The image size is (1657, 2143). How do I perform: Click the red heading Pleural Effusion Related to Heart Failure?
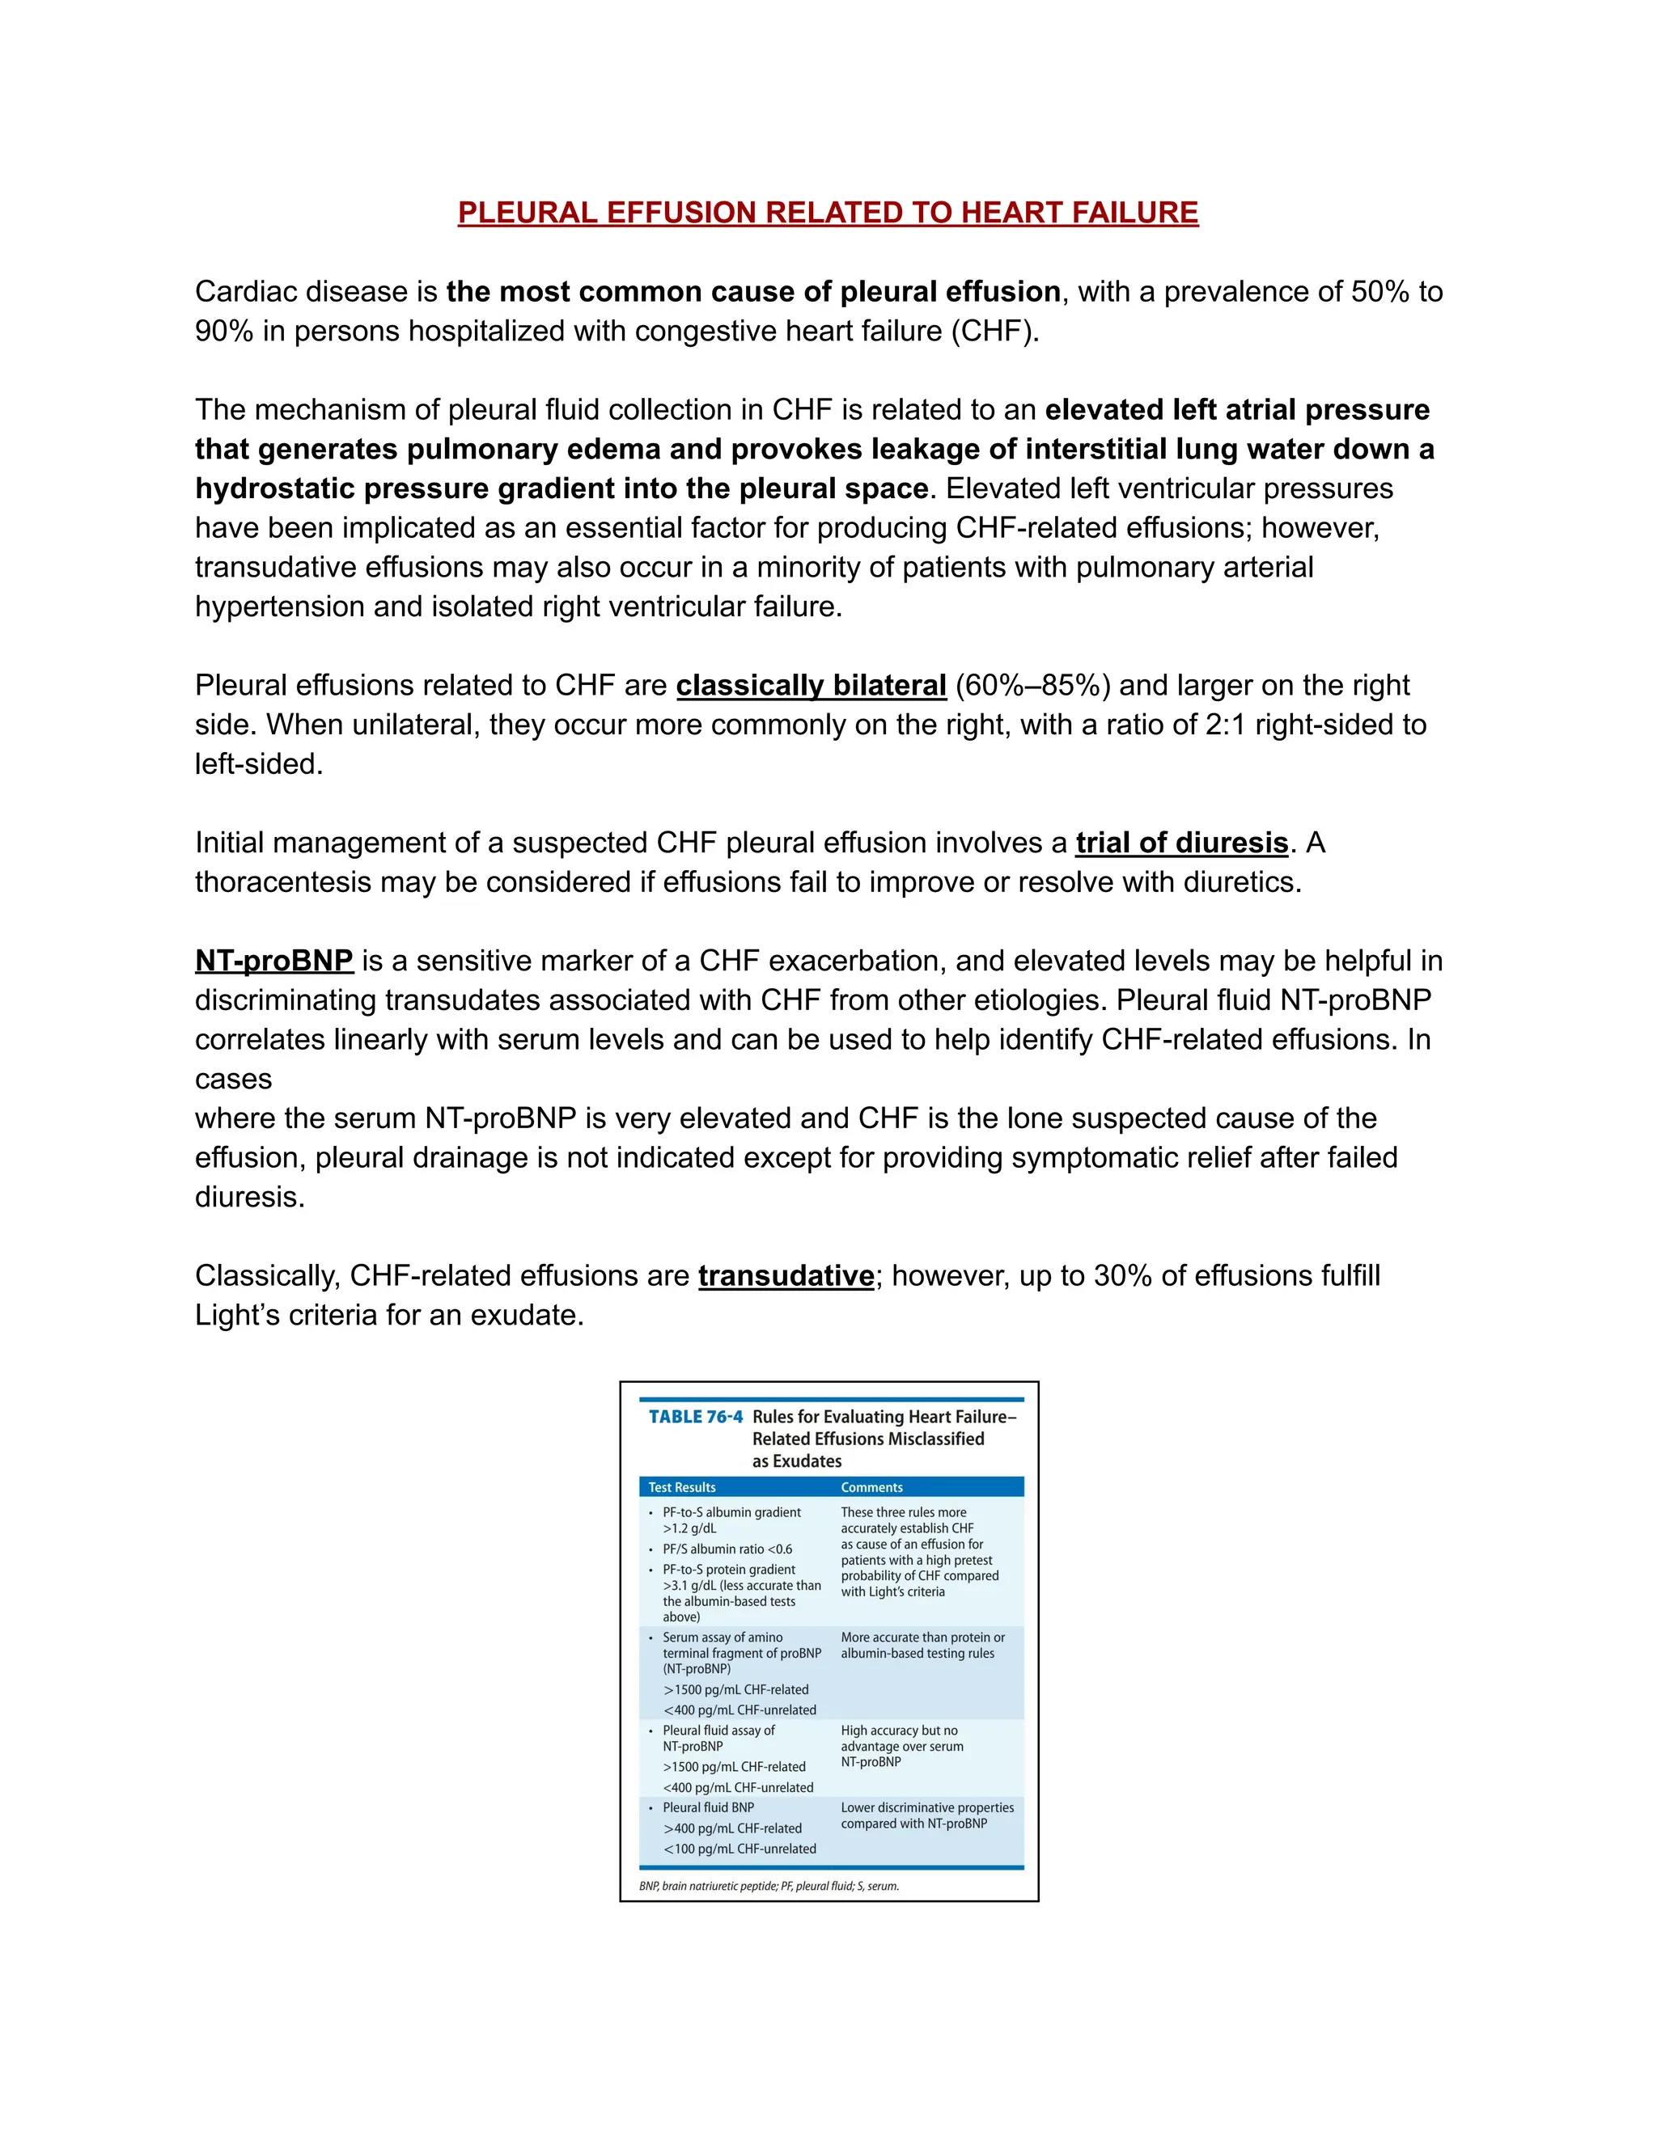click(x=828, y=212)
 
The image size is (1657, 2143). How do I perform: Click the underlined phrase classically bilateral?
click(x=811, y=685)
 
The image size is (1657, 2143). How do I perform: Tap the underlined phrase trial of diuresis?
click(x=1181, y=843)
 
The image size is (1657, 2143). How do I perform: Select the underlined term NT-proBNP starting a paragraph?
click(x=274, y=961)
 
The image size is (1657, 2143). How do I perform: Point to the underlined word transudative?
click(x=786, y=1275)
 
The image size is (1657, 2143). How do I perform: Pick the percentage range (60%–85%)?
click(x=1032, y=685)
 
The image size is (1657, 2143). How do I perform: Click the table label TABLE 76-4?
click(x=695, y=1417)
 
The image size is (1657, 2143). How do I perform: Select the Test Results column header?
click(x=681, y=1487)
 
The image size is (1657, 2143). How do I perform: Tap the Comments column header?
click(x=871, y=1487)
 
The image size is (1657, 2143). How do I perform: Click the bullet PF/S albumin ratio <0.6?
click(x=727, y=1549)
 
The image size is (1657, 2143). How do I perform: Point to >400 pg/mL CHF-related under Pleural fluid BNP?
click(x=732, y=1829)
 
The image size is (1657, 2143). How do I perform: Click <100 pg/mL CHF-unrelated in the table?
click(x=740, y=1849)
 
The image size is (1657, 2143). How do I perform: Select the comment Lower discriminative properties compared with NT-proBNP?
click(x=926, y=1816)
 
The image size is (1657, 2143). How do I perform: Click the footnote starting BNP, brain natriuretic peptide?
click(x=769, y=1886)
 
